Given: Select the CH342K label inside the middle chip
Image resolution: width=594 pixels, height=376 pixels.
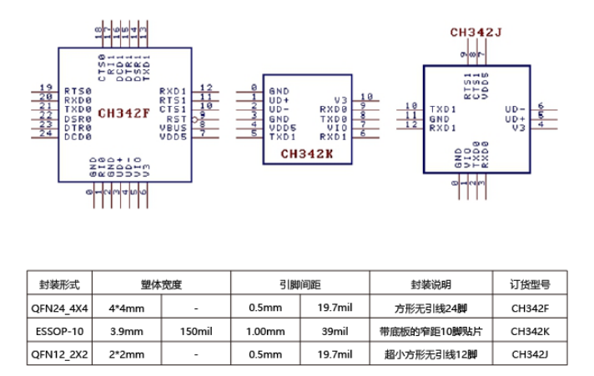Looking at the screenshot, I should pyautogui.click(x=308, y=153).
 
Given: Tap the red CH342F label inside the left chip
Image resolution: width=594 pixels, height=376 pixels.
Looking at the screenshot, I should pyautogui.click(x=123, y=113).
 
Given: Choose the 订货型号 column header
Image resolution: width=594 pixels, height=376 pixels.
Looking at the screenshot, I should pyautogui.click(x=531, y=283).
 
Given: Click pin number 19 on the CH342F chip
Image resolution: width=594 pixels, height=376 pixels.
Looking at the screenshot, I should pyautogui.click(x=47, y=88).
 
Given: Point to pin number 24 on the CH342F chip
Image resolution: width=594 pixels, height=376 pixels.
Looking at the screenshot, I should pyautogui.click(x=47, y=136).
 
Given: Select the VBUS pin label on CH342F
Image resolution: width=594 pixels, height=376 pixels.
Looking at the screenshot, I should pyautogui.click(x=174, y=128).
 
